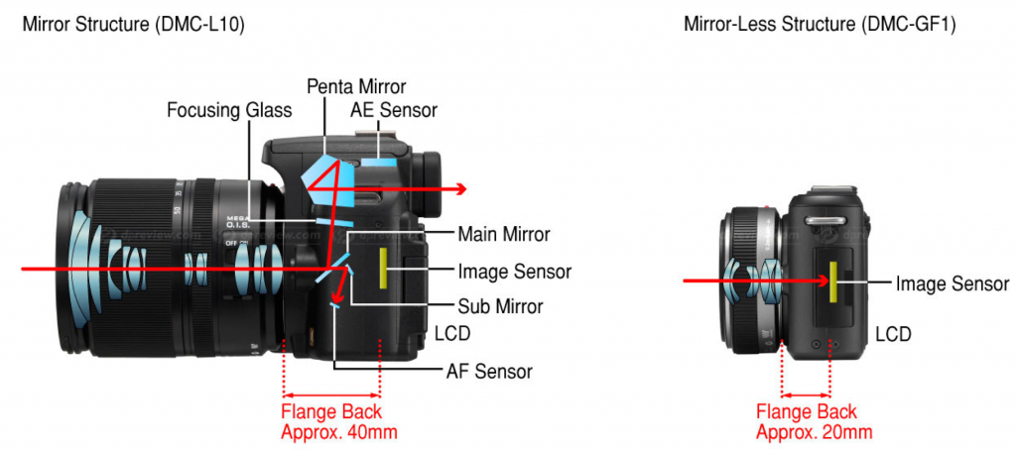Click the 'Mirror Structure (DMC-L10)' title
pos(133,24)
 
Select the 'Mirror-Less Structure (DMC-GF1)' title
pos(820,24)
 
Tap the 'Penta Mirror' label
pos(356,86)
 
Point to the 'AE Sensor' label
pos(394,109)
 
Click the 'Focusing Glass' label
pos(230,109)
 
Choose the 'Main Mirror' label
pos(503,235)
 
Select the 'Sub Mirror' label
pos(499,305)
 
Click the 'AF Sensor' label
pos(488,372)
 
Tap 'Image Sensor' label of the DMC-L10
pos(514,271)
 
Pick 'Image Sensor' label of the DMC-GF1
pos(952,283)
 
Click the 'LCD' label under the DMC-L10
pos(452,333)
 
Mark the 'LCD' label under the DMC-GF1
pos(891,333)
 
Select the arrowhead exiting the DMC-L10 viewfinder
pos(460,187)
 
